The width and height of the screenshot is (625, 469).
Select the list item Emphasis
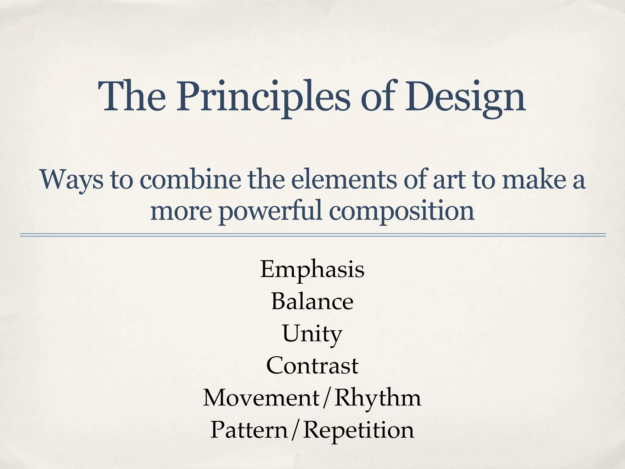tap(312, 270)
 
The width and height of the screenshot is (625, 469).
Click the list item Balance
tap(312, 301)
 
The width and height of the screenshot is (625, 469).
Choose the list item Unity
tap(312, 334)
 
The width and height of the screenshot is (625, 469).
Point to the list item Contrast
tap(312, 365)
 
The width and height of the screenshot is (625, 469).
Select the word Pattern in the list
tap(249, 430)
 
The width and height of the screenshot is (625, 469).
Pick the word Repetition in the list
tap(359, 430)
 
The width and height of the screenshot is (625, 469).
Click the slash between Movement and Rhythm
tap(327, 398)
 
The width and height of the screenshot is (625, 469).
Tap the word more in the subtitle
tap(181, 211)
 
